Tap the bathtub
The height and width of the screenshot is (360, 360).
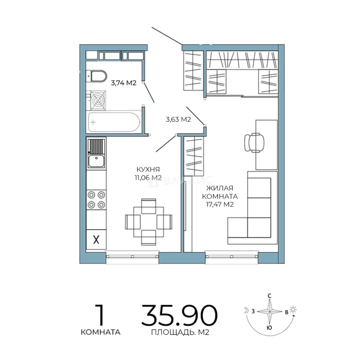[x=114, y=122]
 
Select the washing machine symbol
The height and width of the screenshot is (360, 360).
[x=98, y=101]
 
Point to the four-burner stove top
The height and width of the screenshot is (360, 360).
[x=96, y=200]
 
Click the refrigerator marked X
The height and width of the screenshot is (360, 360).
[x=96, y=239]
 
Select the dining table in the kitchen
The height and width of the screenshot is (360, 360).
[x=149, y=222]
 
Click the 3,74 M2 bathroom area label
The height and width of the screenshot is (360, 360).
[x=124, y=83]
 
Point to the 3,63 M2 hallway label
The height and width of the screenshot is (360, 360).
[x=178, y=119]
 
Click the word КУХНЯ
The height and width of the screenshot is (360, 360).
[x=148, y=169]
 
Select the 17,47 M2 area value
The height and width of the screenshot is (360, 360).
[x=220, y=204]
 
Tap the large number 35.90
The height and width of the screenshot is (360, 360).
[x=179, y=315]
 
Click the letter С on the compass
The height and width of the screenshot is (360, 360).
[x=270, y=296]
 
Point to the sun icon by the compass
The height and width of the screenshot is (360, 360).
[x=293, y=309]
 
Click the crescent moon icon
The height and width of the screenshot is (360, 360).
[x=246, y=311]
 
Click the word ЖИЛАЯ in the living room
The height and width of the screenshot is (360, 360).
[x=220, y=188]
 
